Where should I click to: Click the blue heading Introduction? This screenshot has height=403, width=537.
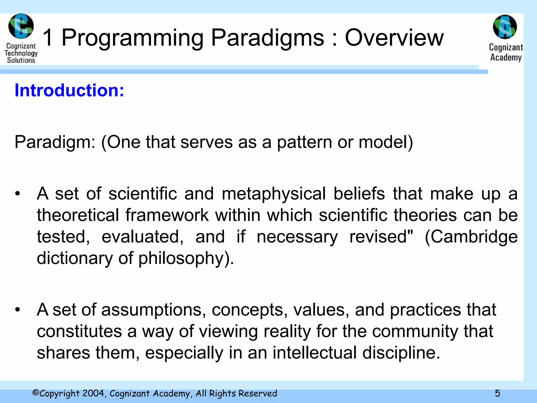pos(69,90)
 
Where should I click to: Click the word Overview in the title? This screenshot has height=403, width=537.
pos(394,38)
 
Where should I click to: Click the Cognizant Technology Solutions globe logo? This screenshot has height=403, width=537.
pos(21,26)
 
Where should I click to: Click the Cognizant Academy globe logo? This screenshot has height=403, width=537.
pos(505,27)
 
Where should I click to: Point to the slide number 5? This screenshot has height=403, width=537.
pos(497,393)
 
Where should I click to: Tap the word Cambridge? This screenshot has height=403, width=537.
pos(471,237)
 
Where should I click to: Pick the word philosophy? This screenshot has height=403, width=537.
pos(181,259)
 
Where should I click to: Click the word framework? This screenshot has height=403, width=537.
pos(167,215)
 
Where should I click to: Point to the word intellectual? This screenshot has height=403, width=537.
pos(314,353)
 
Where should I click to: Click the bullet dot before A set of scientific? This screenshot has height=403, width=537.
pos(17,194)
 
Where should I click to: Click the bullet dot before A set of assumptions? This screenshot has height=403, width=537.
pos(17,310)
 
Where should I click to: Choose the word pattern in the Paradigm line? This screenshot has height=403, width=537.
pos(304,142)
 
